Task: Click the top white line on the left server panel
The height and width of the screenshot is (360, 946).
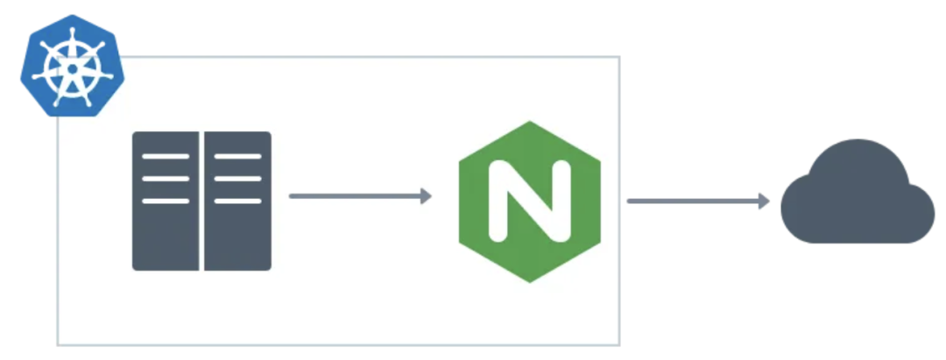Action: coord(166,156)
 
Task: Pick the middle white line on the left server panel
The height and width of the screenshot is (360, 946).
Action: coord(166,178)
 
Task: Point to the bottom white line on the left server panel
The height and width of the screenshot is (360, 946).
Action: coord(166,201)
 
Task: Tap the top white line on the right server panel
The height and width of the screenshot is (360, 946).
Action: coord(237,156)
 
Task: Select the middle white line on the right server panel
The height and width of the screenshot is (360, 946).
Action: coord(237,178)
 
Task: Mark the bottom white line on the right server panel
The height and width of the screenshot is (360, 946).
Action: coord(237,201)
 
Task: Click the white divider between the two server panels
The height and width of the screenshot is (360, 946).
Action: coord(202,201)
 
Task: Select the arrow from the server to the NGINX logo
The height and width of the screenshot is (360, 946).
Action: coord(355,196)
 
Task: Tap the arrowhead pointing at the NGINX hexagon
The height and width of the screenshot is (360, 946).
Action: coord(427,196)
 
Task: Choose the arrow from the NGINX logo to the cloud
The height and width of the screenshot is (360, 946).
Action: coord(692,201)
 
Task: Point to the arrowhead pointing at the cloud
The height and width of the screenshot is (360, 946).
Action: coord(764,201)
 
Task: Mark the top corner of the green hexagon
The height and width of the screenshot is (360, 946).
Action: coord(529,123)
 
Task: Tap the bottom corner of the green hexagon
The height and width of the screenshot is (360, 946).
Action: coord(529,281)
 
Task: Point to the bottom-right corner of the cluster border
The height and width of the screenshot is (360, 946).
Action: coord(618,344)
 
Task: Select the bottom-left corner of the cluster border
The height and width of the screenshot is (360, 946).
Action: coord(59,344)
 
